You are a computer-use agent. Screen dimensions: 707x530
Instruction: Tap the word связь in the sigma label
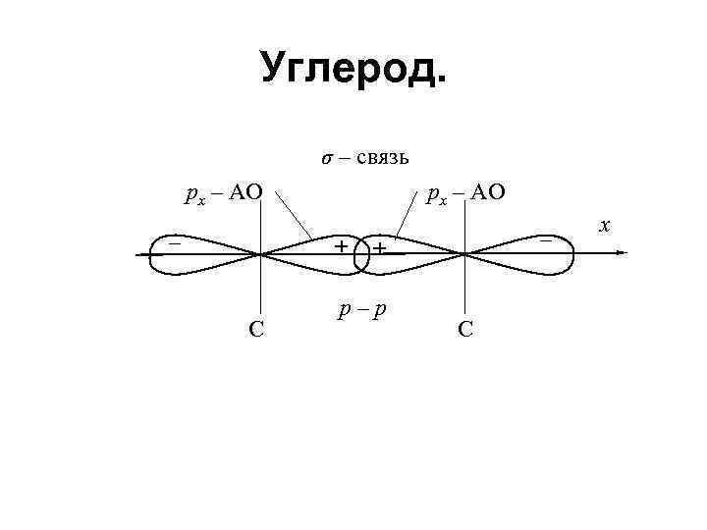pos(378,158)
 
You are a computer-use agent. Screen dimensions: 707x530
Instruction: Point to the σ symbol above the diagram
pos(328,159)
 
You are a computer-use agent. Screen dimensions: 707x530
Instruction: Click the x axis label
pos(605,226)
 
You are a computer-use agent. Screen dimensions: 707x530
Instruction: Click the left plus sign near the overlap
pos(340,246)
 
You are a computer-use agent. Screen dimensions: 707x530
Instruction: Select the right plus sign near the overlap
pos(378,247)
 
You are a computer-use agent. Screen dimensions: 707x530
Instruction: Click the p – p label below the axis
pos(361,311)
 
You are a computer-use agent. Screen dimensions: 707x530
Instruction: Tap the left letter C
pos(255,328)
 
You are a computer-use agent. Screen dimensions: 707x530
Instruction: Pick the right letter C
pos(464,328)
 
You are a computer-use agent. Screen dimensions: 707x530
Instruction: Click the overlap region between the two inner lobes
pos(360,253)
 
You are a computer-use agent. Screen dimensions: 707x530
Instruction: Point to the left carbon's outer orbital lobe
pos(196,253)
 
